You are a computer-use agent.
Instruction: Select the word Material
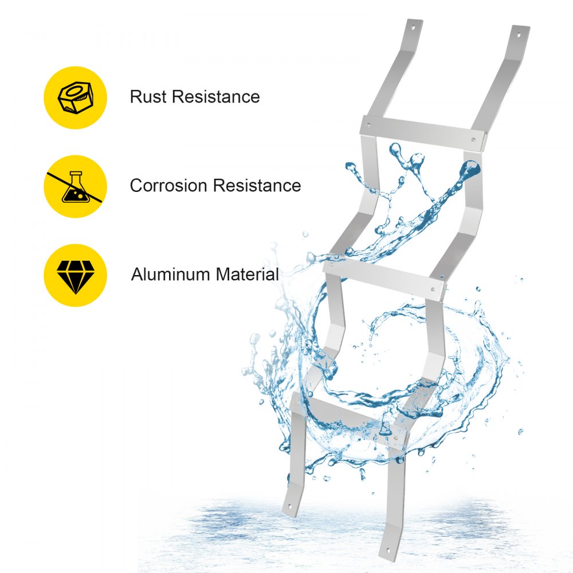[248, 274]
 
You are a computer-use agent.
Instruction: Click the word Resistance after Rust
[216, 97]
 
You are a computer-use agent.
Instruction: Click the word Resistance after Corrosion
[257, 185]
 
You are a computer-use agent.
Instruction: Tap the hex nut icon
[75, 98]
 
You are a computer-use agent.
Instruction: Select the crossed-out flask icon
[74, 187]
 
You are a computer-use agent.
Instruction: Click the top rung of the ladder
[423, 133]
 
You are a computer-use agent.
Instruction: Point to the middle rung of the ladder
[384, 279]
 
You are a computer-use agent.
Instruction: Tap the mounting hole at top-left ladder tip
[413, 27]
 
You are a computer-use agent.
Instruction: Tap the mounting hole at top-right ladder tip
[519, 35]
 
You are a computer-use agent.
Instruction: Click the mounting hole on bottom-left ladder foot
[291, 507]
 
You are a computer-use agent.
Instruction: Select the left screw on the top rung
[368, 125]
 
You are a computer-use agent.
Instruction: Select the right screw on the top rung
[474, 140]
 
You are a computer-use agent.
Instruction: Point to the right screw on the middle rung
[433, 289]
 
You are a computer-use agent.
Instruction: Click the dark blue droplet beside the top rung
[470, 169]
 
